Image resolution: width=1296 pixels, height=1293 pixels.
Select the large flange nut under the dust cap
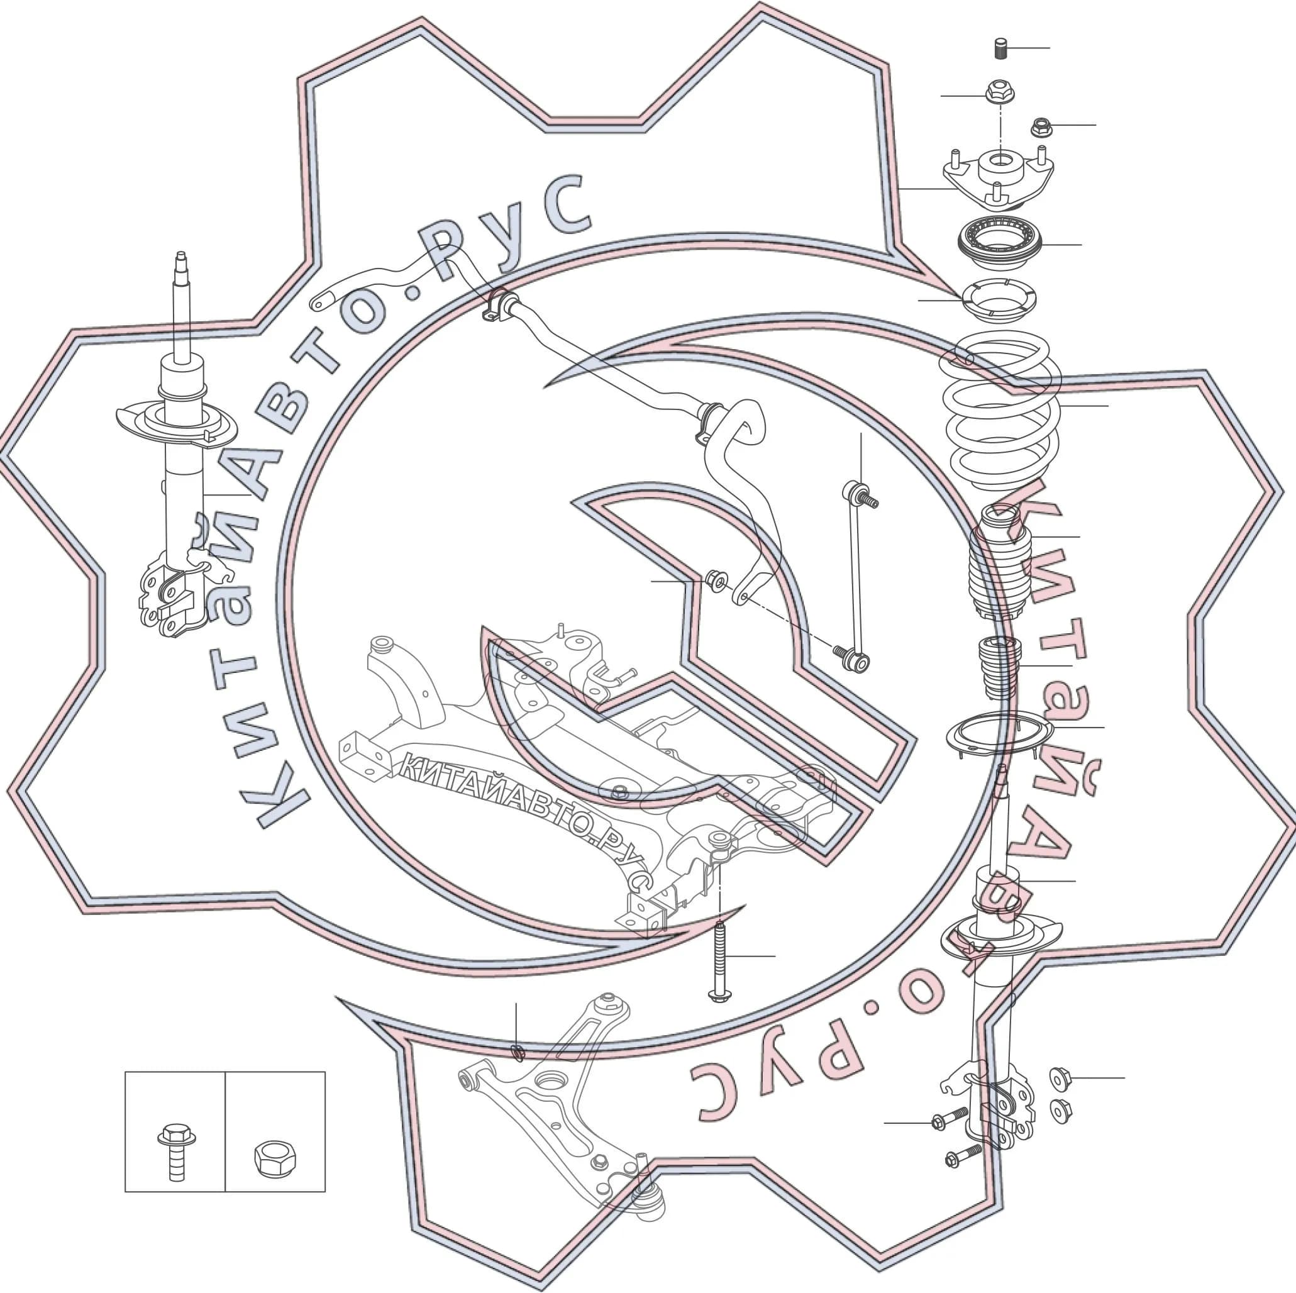tap(999, 92)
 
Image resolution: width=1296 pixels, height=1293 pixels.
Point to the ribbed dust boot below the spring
tap(999, 563)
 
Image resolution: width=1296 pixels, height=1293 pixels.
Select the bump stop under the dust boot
tap(999, 668)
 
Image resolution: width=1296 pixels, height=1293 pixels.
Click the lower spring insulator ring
tap(999, 736)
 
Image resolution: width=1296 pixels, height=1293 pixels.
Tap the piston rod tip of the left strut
tap(181, 259)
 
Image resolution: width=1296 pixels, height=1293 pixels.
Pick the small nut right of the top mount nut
tap(1041, 126)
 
